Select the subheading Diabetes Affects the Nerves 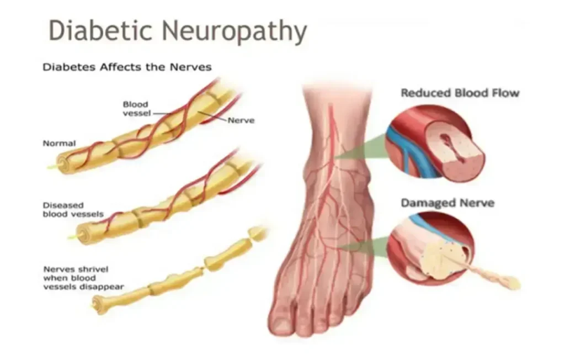(127, 67)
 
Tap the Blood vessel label (136, 109)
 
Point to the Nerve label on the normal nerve (241, 120)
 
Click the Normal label (60, 143)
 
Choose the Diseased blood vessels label (73, 210)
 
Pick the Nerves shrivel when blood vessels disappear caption (84, 278)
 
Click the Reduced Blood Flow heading (460, 93)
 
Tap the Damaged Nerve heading (447, 203)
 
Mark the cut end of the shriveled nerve (97, 304)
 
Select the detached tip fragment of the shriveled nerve (257, 233)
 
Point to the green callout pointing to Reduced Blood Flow (362, 149)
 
